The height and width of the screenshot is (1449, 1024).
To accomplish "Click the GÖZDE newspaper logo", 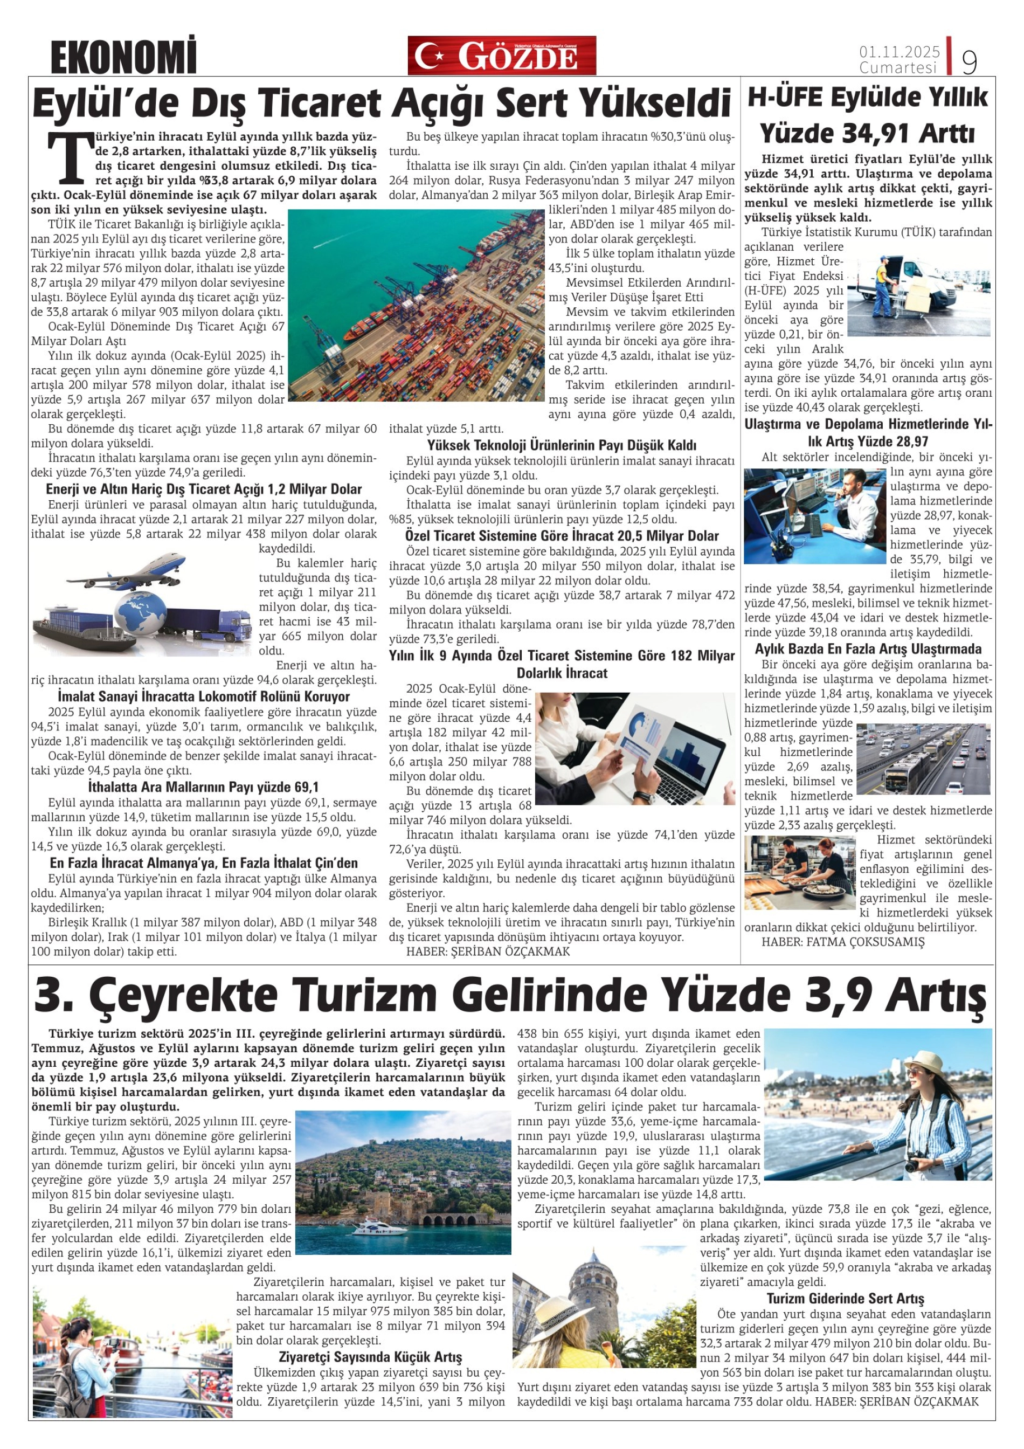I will point(502,56).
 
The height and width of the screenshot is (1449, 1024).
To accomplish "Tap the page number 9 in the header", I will point(969,62).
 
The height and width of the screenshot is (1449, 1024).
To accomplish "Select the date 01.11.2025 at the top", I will point(899,51).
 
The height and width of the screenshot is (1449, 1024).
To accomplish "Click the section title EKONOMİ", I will point(123,58).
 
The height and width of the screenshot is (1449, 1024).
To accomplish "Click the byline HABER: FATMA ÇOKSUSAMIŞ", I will point(843,942).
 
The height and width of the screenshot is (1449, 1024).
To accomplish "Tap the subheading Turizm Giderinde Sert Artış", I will point(845,1298).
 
